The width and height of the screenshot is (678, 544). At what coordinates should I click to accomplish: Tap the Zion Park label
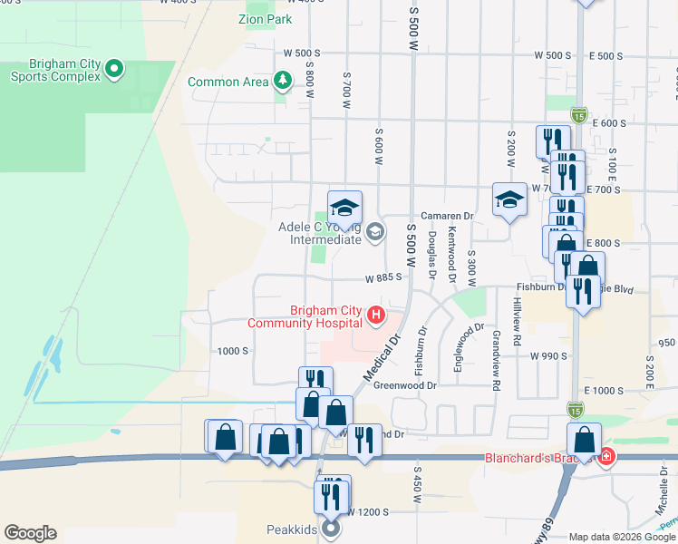pyautogui.click(x=264, y=17)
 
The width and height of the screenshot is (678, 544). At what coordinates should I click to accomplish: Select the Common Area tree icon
pyautogui.click(x=284, y=81)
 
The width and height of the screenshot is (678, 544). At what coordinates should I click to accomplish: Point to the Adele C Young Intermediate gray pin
pyautogui.click(x=374, y=233)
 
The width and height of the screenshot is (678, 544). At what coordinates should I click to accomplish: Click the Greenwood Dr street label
pyautogui.click(x=405, y=384)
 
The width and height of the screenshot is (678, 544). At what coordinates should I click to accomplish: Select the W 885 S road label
pyautogui.click(x=383, y=278)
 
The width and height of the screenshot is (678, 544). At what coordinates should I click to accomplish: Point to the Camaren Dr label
pyautogui.click(x=447, y=216)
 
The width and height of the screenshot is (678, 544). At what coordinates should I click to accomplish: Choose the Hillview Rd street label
pyautogui.click(x=517, y=319)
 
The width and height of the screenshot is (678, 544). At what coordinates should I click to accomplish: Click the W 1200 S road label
pyautogui.click(x=363, y=512)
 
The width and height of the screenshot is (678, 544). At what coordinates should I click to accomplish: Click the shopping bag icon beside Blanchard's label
pyautogui.click(x=584, y=441)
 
